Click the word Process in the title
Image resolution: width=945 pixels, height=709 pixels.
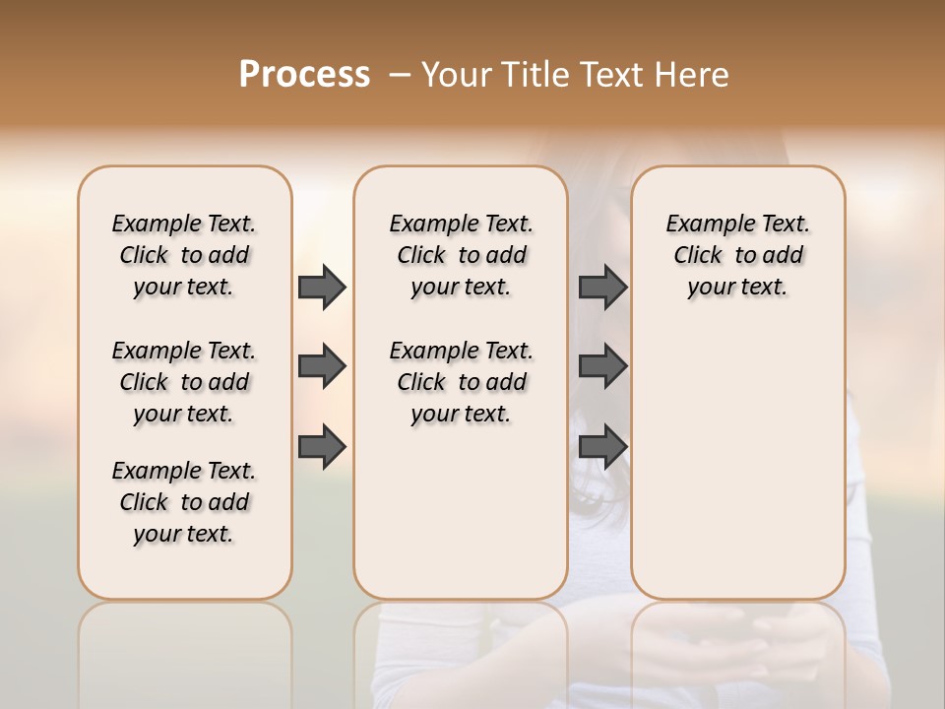pyautogui.click(x=304, y=75)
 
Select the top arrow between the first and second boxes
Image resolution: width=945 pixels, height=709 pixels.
pyautogui.click(x=322, y=287)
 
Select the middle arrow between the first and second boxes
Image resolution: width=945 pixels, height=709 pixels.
pyautogui.click(x=322, y=366)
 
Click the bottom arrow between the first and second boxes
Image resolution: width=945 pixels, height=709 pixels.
pyautogui.click(x=322, y=446)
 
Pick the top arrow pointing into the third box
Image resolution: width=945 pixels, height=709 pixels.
pyautogui.click(x=602, y=287)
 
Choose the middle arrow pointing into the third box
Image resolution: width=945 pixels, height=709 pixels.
pyautogui.click(x=602, y=366)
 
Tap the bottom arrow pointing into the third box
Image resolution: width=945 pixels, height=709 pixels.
pyautogui.click(x=602, y=446)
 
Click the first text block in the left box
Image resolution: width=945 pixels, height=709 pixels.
pyautogui.click(x=184, y=255)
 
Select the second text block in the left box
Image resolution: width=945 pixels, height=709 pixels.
pyautogui.click(x=184, y=382)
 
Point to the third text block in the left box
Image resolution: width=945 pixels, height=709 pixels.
pyautogui.click(x=184, y=502)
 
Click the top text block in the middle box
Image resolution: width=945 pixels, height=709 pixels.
pyautogui.click(x=461, y=255)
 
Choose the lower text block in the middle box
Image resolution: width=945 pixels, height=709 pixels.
pyautogui.click(x=461, y=382)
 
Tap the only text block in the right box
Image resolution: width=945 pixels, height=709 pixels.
pyautogui.click(x=737, y=255)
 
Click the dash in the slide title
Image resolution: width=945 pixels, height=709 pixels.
pyautogui.click(x=399, y=75)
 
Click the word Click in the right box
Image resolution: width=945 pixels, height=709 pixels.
pyautogui.click(x=698, y=256)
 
